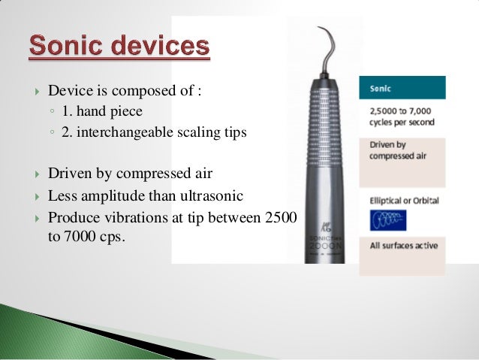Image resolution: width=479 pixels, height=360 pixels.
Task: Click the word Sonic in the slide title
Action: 65,47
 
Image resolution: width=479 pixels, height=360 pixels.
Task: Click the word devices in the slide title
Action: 158,47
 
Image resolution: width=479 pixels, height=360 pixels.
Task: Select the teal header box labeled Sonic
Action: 402,88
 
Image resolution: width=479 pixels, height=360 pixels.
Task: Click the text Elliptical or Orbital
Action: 404,201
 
